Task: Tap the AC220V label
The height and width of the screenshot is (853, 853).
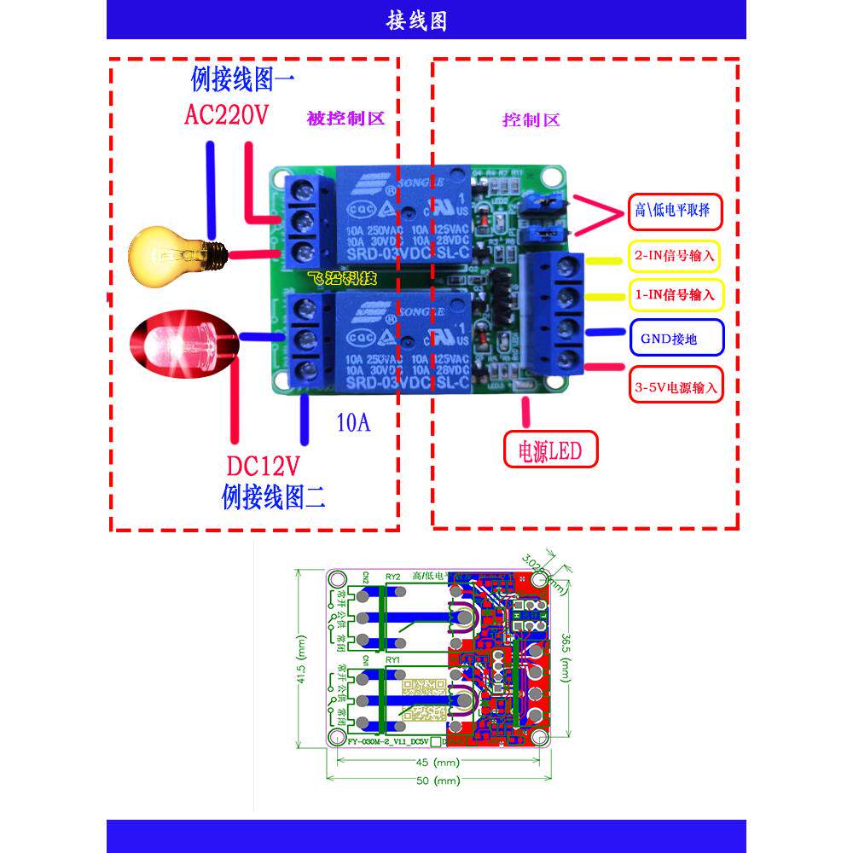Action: click(x=227, y=114)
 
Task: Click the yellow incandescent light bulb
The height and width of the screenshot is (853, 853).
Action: click(x=176, y=252)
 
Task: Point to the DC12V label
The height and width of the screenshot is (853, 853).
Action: click(x=264, y=467)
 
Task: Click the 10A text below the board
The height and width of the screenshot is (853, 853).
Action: click(x=353, y=422)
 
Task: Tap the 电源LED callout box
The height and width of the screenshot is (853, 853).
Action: click(x=550, y=450)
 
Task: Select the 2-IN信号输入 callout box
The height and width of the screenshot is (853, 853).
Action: click(x=674, y=255)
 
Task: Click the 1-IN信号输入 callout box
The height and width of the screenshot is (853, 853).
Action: click(x=674, y=295)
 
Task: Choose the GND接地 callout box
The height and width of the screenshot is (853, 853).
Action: click(x=676, y=339)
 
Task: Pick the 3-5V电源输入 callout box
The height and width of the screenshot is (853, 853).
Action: click(x=676, y=386)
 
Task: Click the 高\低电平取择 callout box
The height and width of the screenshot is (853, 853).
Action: click(x=676, y=210)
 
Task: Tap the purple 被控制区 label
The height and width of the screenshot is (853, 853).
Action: click(x=345, y=119)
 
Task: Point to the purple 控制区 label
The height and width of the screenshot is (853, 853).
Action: click(x=531, y=120)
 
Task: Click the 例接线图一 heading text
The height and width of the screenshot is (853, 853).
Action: click(x=242, y=81)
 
